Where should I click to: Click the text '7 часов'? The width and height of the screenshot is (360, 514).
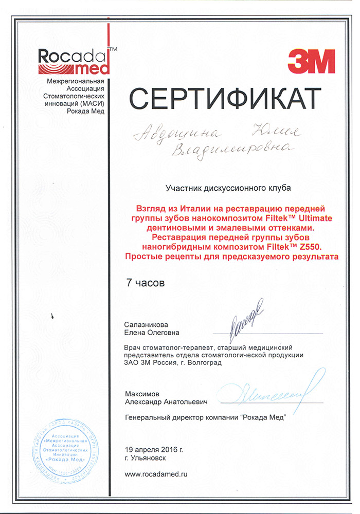click(146, 282)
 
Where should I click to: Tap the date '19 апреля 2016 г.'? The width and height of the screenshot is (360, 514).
click(154, 449)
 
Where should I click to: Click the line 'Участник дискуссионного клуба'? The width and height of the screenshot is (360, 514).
click(228, 189)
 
